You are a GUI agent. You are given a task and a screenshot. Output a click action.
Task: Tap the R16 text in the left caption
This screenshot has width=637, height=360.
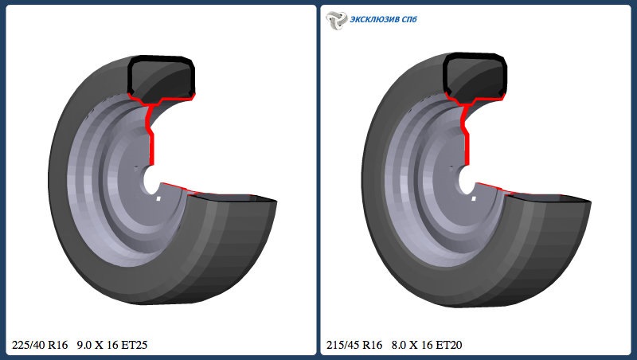tap(57, 345)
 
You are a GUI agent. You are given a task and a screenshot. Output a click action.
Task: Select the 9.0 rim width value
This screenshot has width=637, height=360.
tap(84, 345)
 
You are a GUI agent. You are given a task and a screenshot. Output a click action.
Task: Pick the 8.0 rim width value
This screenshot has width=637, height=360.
tap(399, 345)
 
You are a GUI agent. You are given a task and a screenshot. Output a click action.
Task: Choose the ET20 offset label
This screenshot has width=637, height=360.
tap(448, 345)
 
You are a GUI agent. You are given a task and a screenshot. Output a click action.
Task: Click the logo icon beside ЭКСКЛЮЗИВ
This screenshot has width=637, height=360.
tap(336, 20)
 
